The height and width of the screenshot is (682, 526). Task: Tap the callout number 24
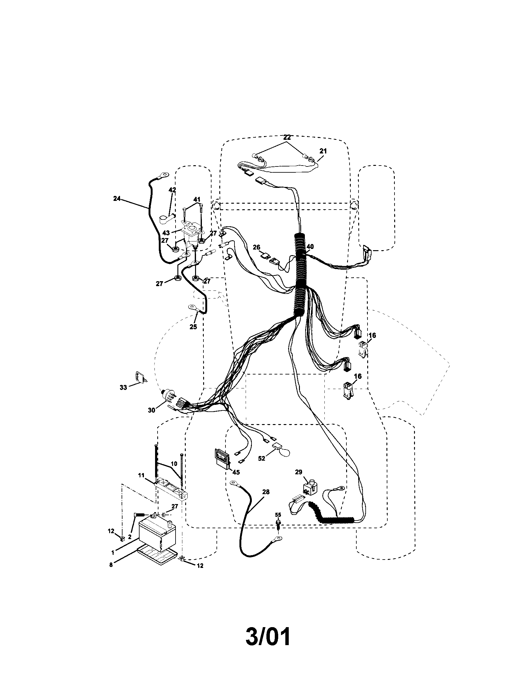(117, 198)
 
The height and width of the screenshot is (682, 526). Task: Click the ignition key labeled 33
(138, 377)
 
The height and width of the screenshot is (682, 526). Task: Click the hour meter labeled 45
(221, 459)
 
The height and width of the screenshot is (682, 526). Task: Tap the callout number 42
(172, 189)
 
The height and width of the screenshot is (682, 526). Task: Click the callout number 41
(197, 199)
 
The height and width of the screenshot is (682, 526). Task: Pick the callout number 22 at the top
(287, 137)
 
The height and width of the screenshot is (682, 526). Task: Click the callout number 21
(323, 151)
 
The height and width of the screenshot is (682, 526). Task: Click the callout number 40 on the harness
(310, 247)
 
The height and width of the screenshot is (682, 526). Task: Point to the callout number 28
(265, 492)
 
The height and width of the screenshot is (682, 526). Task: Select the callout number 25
(193, 327)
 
